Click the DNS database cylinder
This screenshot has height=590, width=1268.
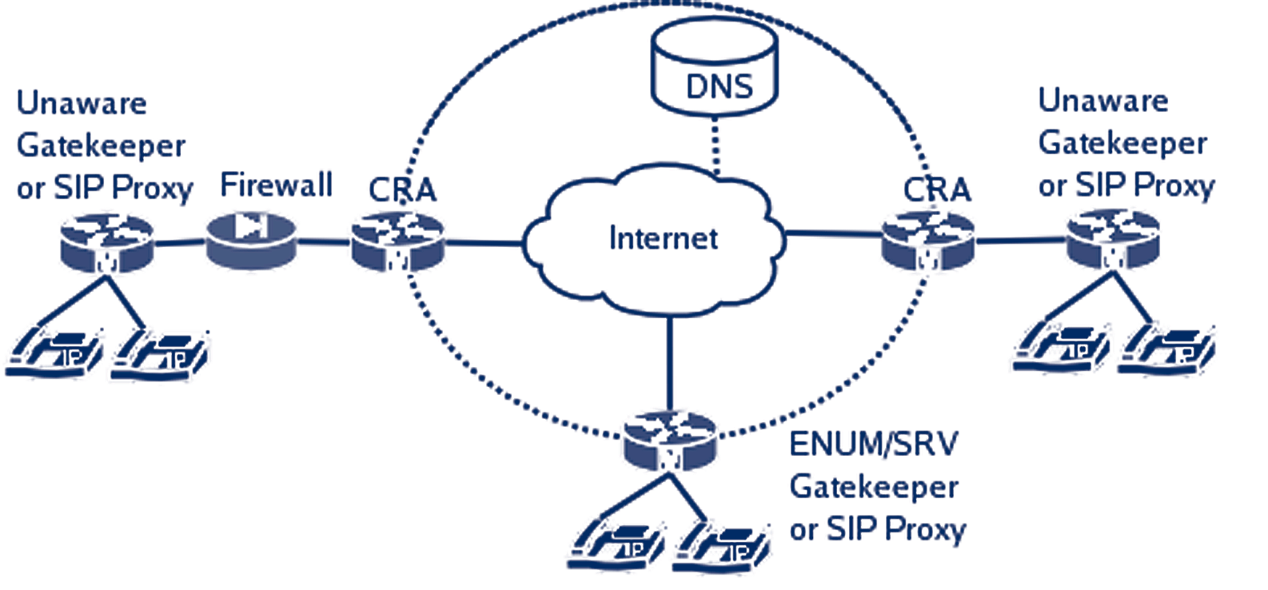click(x=714, y=67)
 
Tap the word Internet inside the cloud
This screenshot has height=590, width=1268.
click(x=663, y=238)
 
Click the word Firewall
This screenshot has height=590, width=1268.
click(x=276, y=185)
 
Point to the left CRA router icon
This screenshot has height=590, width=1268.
click(x=397, y=240)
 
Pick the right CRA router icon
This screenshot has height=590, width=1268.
click(x=927, y=240)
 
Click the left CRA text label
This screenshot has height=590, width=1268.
click(x=402, y=190)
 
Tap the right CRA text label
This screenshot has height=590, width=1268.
click(x=937, y=189)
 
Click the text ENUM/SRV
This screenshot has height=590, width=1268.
click(x=873, y=444)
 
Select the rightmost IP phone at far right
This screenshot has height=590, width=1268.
click(x=1167, y=348)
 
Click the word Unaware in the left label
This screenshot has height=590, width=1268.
click(x=82, y=103)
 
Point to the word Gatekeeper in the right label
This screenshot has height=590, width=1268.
click(x=1122, y=143)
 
